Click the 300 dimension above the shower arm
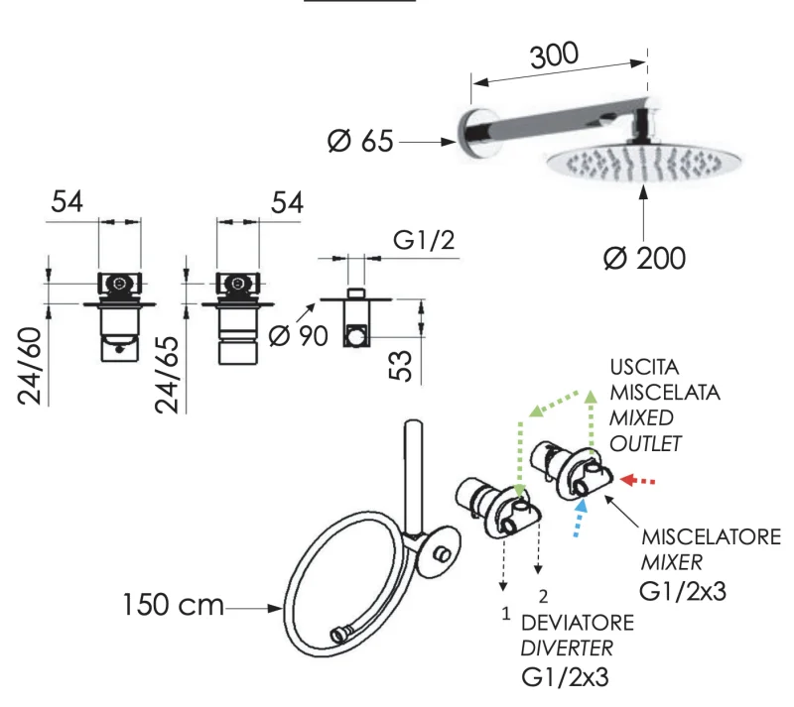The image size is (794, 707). pos(553,56)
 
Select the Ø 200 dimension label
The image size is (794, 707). pos(644,258)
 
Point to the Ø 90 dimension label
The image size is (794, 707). pos(298,335)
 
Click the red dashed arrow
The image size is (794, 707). pos(638,482)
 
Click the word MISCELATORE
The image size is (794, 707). pos(711,537)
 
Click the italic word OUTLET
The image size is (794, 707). pos(646,442)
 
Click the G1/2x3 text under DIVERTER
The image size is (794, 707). pos(565,678)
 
